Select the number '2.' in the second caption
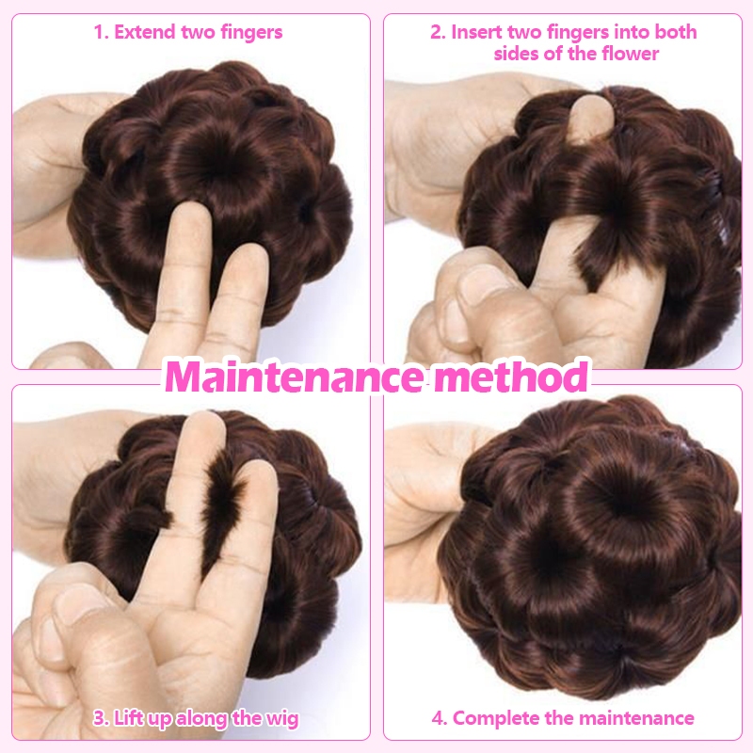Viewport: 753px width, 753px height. tap(438, 32)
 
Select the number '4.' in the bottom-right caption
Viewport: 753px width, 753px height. tap(440, 719)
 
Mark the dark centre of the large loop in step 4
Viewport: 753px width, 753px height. tap(624, 502)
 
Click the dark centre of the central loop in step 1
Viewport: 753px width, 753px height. tap(224, 162)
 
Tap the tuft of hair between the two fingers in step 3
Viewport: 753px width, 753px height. tap(222, 509)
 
